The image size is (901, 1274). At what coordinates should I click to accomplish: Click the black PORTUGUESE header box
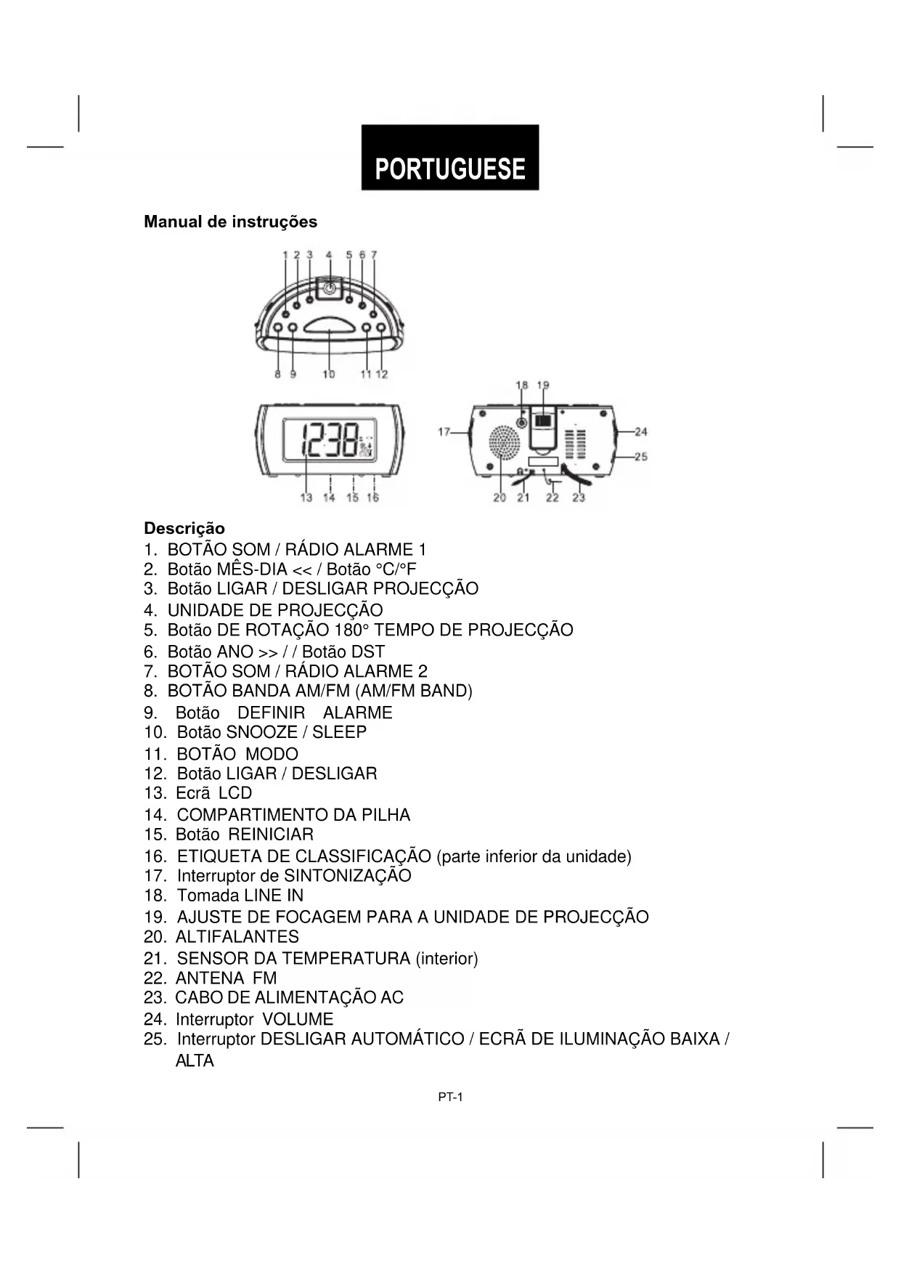point(450,158)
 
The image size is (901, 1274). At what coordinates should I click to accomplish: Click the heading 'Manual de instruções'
point(230,222)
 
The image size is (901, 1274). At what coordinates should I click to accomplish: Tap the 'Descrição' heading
point(184,528)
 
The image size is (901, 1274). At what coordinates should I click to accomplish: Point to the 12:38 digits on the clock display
point(330,439)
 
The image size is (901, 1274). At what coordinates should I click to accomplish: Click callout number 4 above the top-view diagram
point(329,255)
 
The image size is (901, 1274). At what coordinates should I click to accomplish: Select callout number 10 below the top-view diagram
point(329,374)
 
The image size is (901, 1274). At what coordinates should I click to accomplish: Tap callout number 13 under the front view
point(306,498)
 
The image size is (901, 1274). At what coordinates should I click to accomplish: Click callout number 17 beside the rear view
point(444,431)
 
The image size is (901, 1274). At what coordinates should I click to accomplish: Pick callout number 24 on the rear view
point(641,431)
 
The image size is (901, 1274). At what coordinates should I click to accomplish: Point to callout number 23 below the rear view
point(579,498)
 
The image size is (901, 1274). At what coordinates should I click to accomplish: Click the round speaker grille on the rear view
point(503,442)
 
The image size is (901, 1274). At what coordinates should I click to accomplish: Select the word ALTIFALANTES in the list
point(237,937)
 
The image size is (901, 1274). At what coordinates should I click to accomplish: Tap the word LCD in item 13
point(235,793)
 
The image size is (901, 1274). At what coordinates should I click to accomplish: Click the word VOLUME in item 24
point(298,1019)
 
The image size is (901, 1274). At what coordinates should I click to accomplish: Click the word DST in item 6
point(368,652)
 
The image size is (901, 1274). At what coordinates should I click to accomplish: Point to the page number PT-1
point(450,1097)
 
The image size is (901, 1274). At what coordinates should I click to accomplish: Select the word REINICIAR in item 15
point(271,835)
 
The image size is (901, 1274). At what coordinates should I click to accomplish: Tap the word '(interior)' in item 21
point(447,959)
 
